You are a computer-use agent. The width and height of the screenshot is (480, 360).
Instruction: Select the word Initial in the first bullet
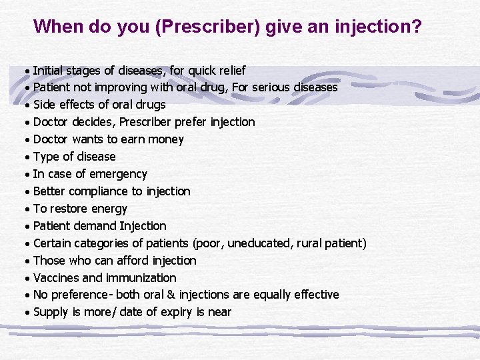pyautogui.click(x=49, y=70)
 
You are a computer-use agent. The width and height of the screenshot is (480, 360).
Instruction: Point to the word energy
pyautogui.click(x=109, y=209)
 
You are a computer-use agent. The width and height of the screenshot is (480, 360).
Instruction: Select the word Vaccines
pyautogui.click(x=56, y=278)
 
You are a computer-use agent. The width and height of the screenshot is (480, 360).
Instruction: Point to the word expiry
pyautogui.click(x=176, y=312)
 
